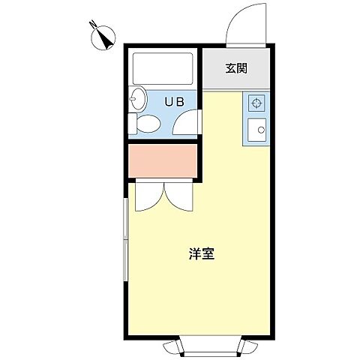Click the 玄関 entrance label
click(236, 70)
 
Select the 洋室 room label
click(202, 253)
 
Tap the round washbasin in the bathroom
click(137, 98)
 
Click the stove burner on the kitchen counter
click(256, 103)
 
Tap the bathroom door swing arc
click(185, 122)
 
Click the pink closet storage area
click(163, 160)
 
